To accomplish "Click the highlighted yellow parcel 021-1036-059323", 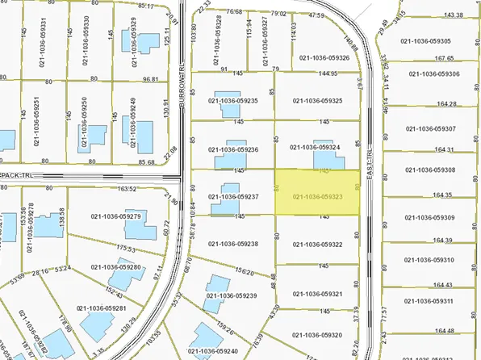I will coord(318,193).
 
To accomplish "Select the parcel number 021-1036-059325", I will coord(320,101).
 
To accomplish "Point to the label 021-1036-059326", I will coord(324,57).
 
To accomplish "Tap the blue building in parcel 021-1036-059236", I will coord(235,149).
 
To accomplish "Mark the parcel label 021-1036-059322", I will coord(318,245).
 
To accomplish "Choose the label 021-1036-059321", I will coord(318,294).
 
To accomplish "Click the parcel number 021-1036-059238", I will coord(232,244).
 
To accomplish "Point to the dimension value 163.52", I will coord(128,190).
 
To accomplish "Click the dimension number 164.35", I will coord(443,195).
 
